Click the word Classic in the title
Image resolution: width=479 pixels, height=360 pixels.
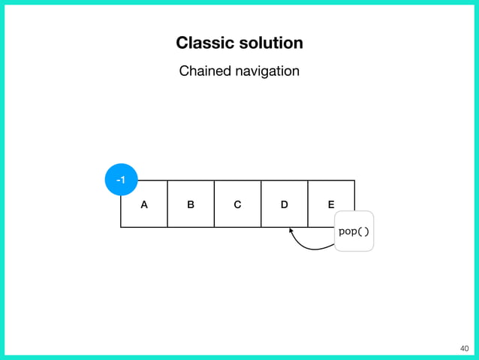pyautogui.click(x=200, y=43)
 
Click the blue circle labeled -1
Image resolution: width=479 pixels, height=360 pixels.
pyautogui.click(x=121, y=180)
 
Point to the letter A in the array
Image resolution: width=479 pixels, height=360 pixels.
pyautogui.click(x=143, y=204)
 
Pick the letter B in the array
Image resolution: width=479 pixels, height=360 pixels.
pyautogui.click(x=191, y=204)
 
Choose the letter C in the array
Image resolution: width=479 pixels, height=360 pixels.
pyautogui.click(x=237, y=204)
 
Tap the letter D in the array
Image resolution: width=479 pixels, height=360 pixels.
pyautogui.click(x=284, y=204)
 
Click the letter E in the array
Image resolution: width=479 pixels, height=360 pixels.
pyautogui.click(x=331, y=204)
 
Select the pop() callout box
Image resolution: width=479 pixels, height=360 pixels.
pyautogui.click(x=354, y=231)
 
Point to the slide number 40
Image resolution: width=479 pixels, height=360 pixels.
pyautogui.click(x=462, y=348)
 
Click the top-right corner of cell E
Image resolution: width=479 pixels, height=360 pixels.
pyautogui.click(x=354, y=180)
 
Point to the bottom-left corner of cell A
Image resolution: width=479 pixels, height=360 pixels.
pyautogui.click(x=121, y=227)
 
